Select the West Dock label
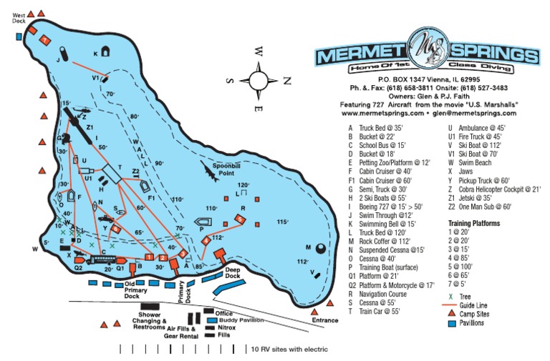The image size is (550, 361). point(19,18)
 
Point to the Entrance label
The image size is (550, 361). point(324,320)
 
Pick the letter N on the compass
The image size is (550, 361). point(286,80)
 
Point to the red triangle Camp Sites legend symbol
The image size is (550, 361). point(452,313)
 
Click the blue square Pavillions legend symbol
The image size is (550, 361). point(452,323)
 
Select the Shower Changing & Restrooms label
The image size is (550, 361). point(150,320)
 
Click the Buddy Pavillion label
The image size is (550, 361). point(239,320)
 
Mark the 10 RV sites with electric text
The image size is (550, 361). point(289,350)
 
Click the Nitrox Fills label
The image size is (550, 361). point(226,331)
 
